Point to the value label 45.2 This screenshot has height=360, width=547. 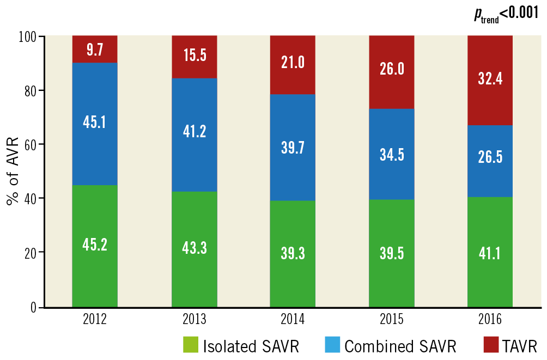(x=95, y=245)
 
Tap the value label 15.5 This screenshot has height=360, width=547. (x=194, y=56)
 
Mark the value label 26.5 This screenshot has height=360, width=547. (x=490, y=157)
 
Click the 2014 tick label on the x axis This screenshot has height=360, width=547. (x=293, y=319)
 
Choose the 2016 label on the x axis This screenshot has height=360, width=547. (x=490, y=319)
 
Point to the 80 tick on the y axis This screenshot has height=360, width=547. (x=32, y=90)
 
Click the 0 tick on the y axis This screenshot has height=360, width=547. (x=34, y=308)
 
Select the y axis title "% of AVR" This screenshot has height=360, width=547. (x=13, y=172)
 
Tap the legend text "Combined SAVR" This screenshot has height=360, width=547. (x=400, y=346)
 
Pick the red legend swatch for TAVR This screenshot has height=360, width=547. (x=491, y=345)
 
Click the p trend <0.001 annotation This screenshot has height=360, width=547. (x=506, y=15)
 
